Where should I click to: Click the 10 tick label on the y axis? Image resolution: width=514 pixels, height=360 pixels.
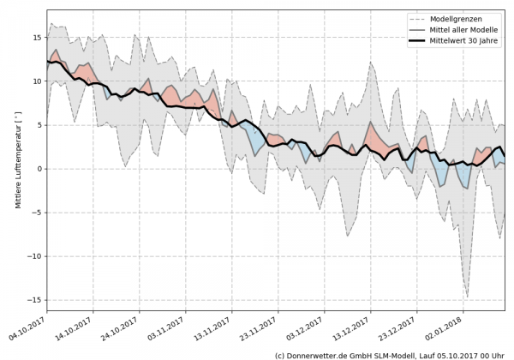pyautogui.click(x=38, y=81)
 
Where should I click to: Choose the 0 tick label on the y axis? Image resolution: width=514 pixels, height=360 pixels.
pyautogui.click(x=40, y=169)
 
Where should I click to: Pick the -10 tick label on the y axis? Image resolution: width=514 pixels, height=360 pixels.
pyautogui.click(x=35, y=256)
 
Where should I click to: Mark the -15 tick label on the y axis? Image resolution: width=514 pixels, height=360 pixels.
pyautogui.click(x=35, y=300)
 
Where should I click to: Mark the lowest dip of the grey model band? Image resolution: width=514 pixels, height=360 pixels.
pyautogui.click(x=467, y=297)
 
